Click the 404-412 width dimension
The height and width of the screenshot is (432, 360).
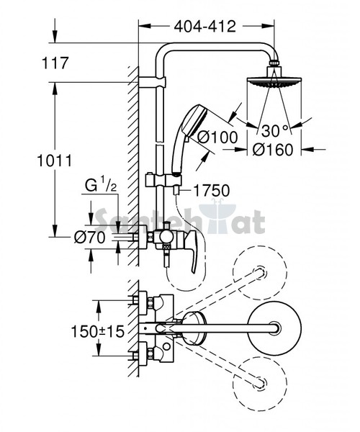[x=205, y=27]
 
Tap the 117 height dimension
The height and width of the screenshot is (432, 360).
[x=55, y=63]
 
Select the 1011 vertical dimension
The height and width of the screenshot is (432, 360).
[x=55, y=161]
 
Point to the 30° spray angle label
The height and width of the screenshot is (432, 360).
[x=274, y=130]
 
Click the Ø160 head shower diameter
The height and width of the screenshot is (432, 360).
[x=273, y=150]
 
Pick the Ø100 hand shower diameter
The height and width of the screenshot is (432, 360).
[x=217, y=137]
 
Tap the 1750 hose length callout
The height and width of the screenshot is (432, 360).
[x=212, y=190]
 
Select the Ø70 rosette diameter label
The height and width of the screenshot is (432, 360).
[x=90, y=237]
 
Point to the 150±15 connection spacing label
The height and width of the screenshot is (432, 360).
[x=98, y=331]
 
